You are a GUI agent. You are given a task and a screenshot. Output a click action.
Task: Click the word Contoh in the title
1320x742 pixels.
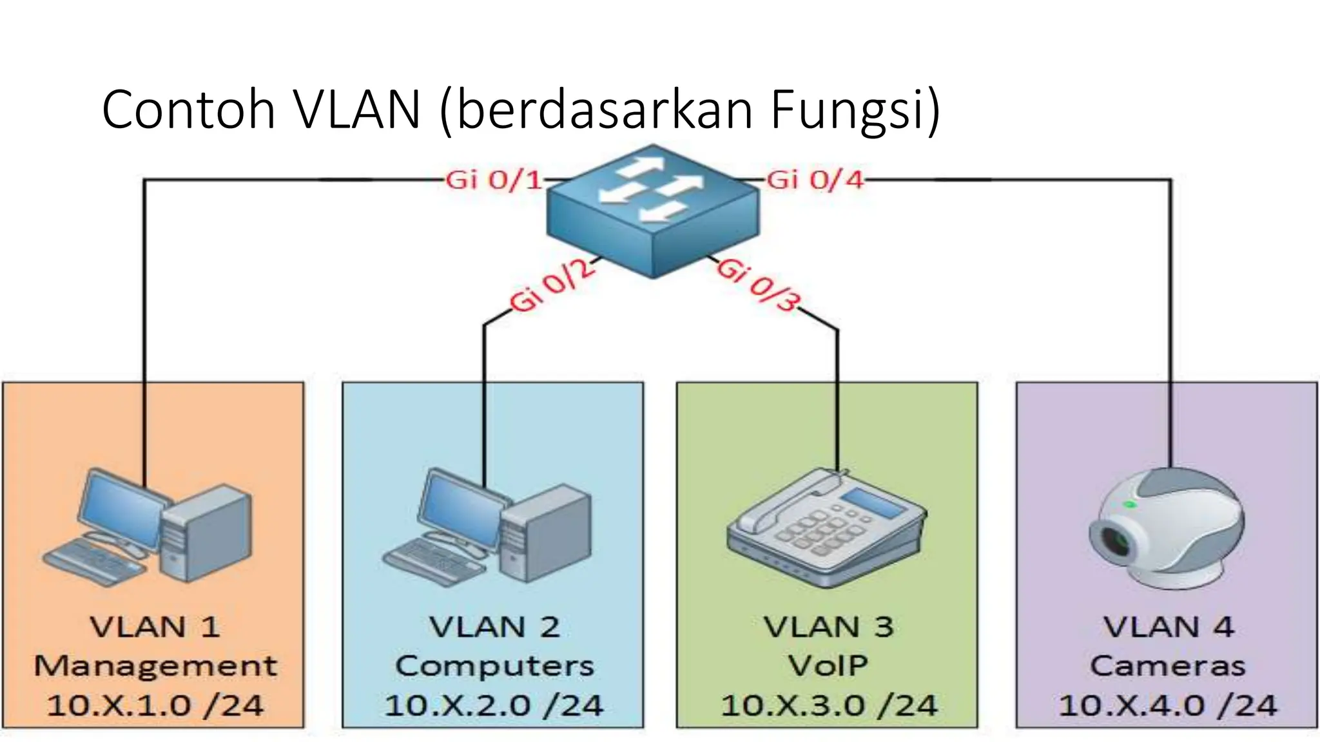[x=188, y=109]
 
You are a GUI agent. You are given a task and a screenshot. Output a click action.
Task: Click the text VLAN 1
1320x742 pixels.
[x=155, y=627]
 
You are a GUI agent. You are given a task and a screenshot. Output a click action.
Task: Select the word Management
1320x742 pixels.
[x=155, y=667]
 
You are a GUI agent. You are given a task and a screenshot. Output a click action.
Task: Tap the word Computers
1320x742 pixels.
[x=494, y=667]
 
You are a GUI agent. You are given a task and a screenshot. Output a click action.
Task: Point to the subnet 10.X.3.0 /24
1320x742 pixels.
[x=829, y=706]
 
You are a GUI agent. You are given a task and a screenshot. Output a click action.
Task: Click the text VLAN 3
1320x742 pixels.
[x=829, y=627]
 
